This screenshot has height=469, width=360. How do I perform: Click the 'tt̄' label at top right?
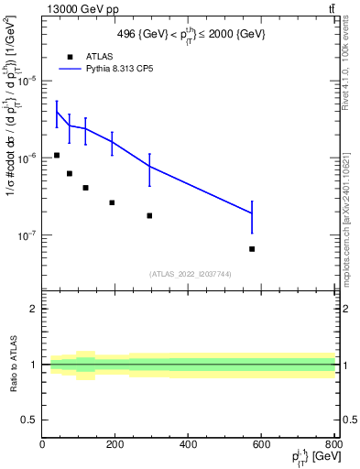[329, 8]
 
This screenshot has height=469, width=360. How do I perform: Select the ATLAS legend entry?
[92, 55]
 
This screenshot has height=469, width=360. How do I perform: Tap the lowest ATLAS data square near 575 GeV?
[252, 248]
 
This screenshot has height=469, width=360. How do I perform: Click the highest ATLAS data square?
[57, 155]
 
